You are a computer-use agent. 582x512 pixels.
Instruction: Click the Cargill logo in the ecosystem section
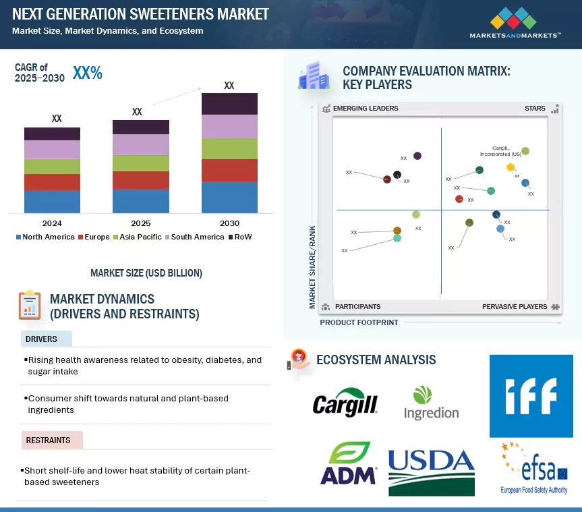point(345,403)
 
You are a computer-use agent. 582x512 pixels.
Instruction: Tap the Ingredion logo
point(431,403)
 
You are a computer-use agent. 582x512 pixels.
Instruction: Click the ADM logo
point(348,463)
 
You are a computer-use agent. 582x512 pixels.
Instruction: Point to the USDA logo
point(432,470)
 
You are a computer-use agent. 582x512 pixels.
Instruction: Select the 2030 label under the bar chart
point(229,223)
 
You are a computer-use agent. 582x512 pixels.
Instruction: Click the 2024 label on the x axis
point(52,223)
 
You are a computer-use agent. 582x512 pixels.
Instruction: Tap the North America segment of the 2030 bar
point(229,197)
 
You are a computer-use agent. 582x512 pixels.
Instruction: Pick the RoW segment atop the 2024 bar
point(52,134)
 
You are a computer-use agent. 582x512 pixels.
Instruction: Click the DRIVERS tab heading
point(42,339)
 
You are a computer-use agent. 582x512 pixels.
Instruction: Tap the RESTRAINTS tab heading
point(48,440)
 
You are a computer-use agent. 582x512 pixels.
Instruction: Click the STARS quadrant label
point(535,109)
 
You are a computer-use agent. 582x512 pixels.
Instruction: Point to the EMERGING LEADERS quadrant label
point(366,109)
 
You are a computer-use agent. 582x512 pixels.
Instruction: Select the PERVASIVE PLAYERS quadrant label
point(515,307)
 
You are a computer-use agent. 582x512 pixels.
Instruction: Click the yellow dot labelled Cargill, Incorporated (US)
point(511,167)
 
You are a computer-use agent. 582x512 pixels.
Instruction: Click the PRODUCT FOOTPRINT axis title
point(359,322)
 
